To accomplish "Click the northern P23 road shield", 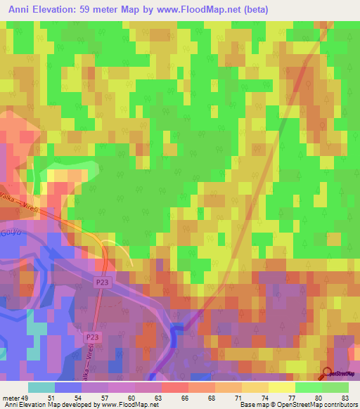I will (x=103, y=282).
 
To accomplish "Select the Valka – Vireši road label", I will (x=24, y=201).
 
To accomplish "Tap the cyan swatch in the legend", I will (x=41, y=387).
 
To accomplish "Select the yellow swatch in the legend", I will (x=282, y=387).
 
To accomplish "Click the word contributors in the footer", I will (x=338, y=404).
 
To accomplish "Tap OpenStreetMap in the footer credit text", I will (x=295, y=404).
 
